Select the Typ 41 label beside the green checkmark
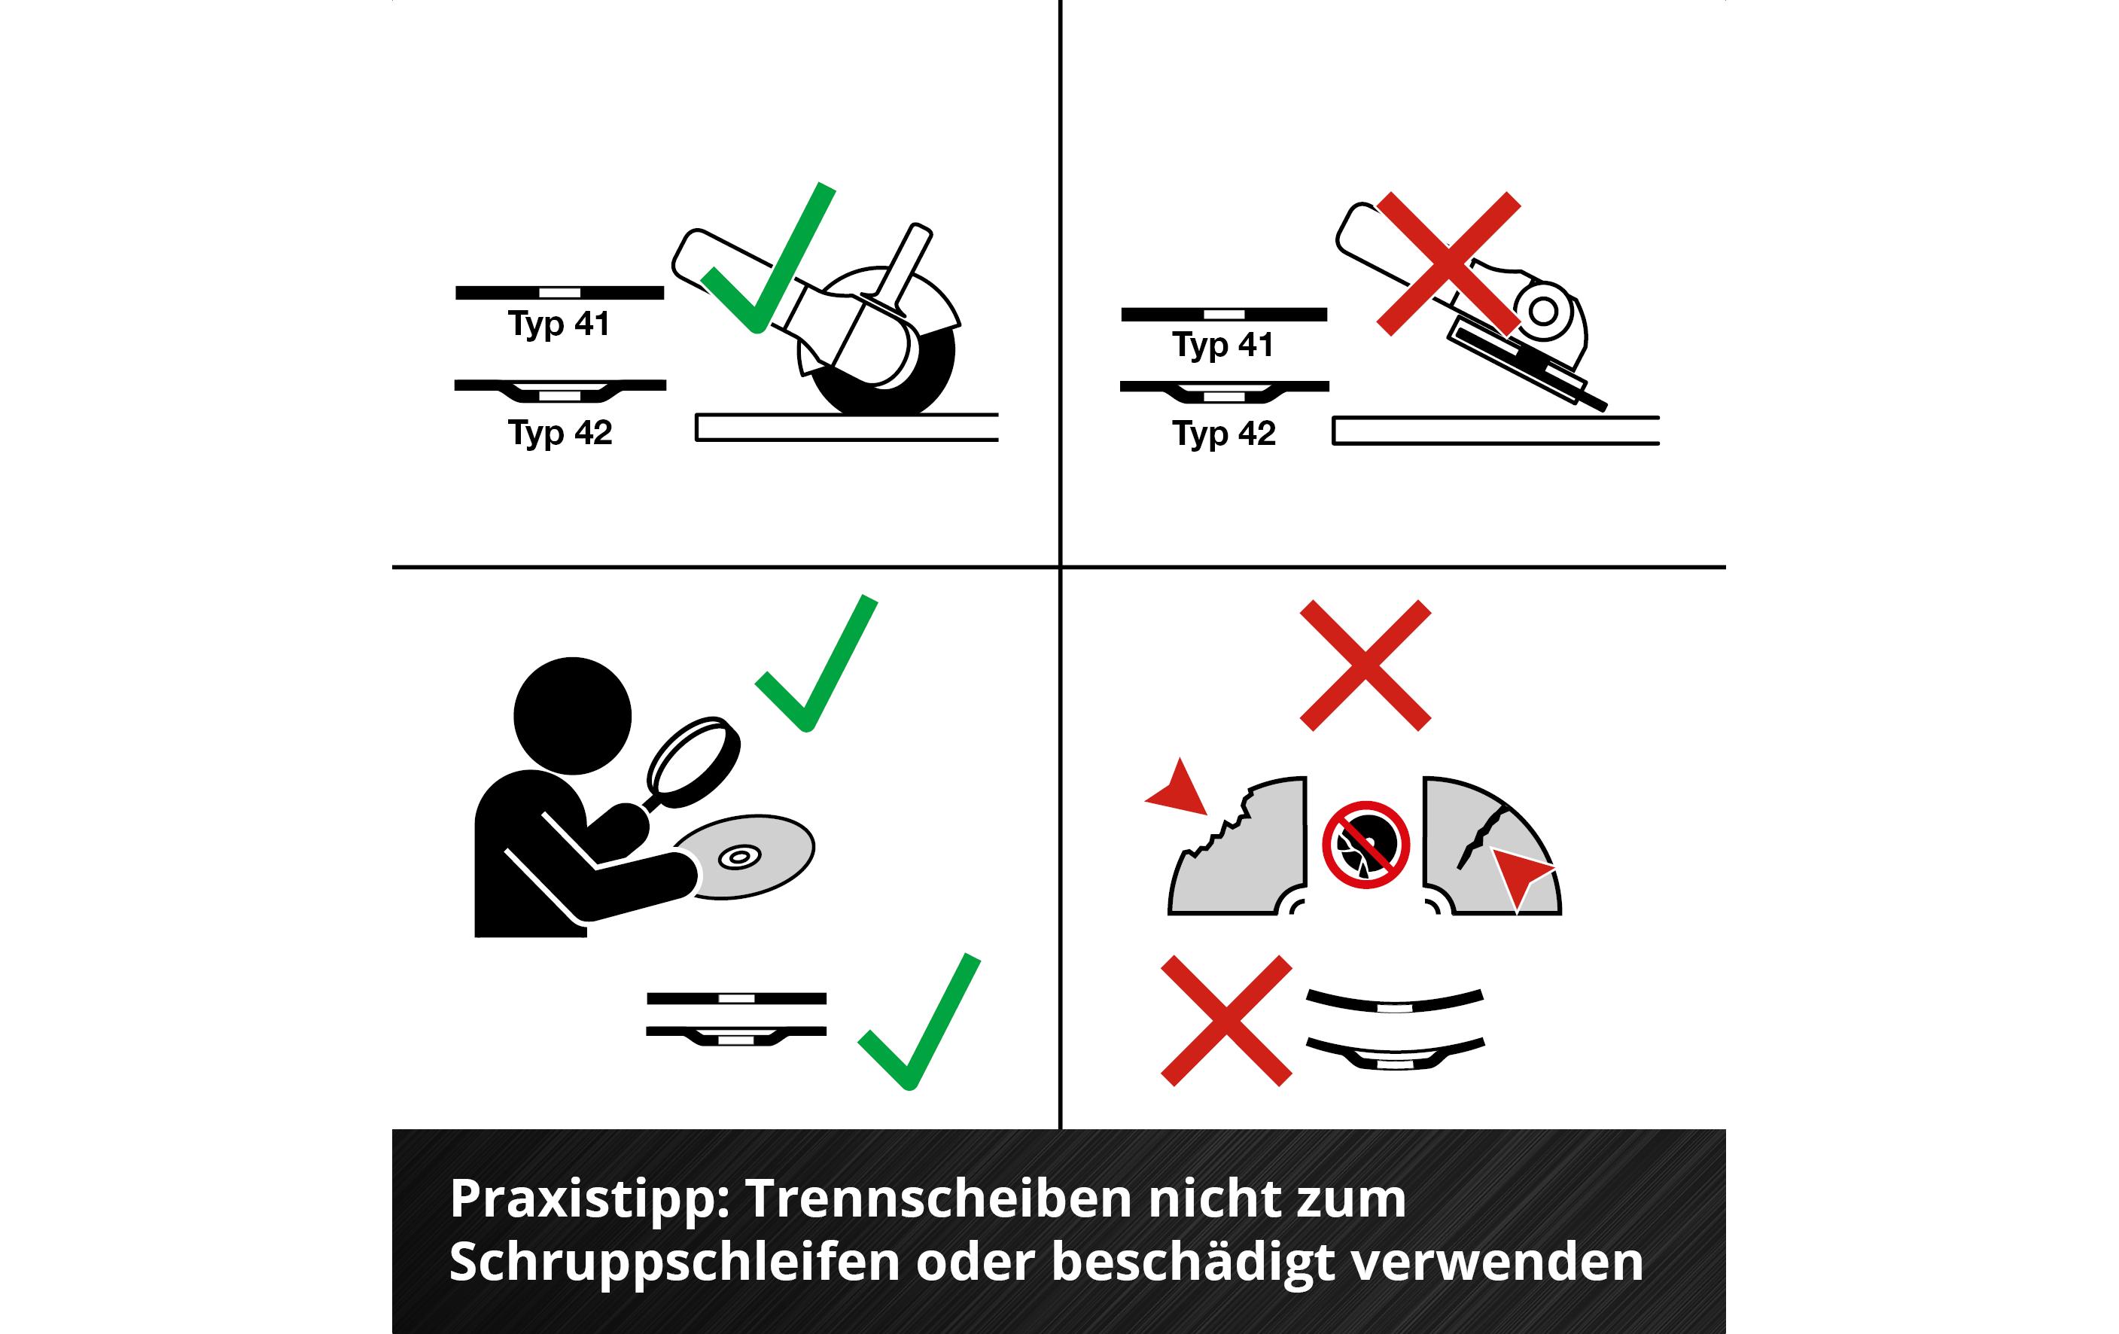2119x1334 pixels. coord(559,324)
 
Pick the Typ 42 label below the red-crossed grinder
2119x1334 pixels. coord(1223,434)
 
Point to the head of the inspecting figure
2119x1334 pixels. coord(572,715)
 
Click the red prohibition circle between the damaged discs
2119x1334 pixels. coord(1365,845)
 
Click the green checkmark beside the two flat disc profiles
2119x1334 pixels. coord(918,1022)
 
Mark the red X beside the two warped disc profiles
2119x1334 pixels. coord(1225,1021)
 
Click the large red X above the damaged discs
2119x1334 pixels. coord(1365,665)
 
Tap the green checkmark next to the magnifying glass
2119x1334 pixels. coord(816,663)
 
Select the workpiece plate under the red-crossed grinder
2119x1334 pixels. coord(1495,431)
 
